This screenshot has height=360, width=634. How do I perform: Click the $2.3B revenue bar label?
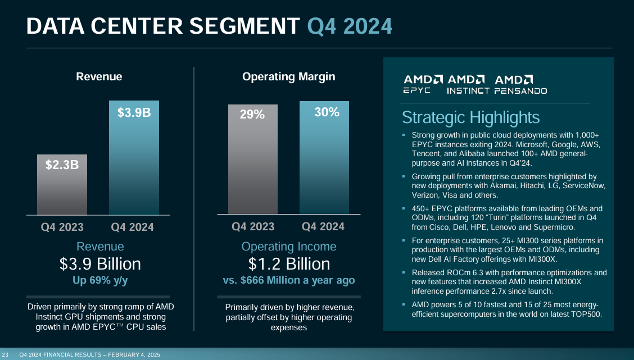[x=62, y=166]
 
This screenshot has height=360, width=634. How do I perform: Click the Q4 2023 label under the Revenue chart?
[x=62, y=227]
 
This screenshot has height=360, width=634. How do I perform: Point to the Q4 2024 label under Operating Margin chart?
[x=323, y=227]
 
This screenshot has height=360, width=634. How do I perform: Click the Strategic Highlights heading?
[x=470, y=117]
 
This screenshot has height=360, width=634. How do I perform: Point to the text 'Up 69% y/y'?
[x=100, y=280]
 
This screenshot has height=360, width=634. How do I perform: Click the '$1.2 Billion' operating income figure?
[x=289, y=263]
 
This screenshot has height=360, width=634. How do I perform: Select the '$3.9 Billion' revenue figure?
[x=100, y=263]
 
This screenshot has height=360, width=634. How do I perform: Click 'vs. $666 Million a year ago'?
[x=289, y=280]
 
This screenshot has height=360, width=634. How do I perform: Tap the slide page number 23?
[x=5, y=354]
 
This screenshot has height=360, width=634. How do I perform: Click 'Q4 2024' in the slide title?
[x=350, y=25]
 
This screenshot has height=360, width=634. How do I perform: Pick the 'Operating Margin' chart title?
[x=288, y=77]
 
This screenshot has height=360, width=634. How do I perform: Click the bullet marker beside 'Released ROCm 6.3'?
[x=404, y=273]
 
